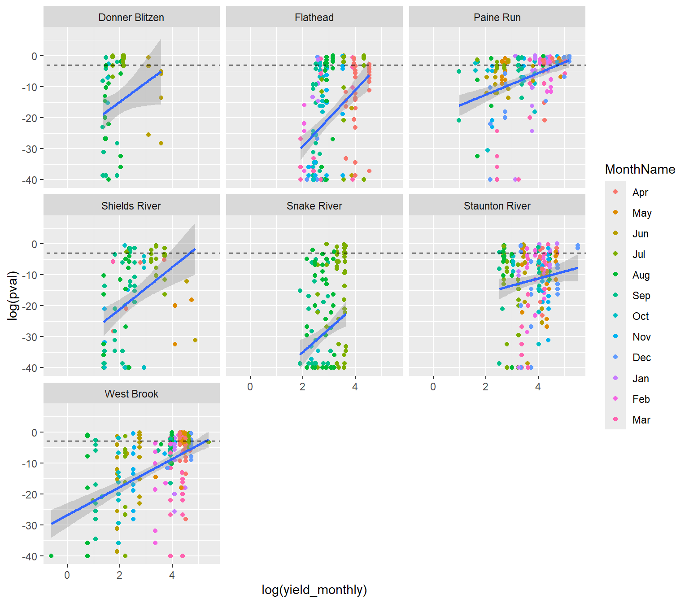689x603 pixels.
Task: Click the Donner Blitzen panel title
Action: pyautogui.click(x=131, y=17)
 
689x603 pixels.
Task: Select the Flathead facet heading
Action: pyautogui.click(x=314, y=17)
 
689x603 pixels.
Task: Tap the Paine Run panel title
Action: pyautogui.click(x=497, y=17)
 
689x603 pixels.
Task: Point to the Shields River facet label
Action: pyautogui.click(x=131, y=206)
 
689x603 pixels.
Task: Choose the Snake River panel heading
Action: pyautogui.click(x=314, y=206)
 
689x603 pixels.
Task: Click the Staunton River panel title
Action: pyautogui.click(x=497, y=206)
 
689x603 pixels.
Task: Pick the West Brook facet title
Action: pyautogui.click(x=131, y=394)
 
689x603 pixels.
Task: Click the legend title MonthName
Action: pyautogui.click(x=640, y=169)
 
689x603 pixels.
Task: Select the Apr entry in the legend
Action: pyautogui.click(x=640, y=192)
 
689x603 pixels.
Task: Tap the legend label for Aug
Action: pyautogui.click(x=641, y=275)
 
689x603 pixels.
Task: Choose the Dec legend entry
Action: pyautogui.click(x=641, y=358)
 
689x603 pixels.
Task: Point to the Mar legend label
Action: pyautogui.click(x=641, y=420)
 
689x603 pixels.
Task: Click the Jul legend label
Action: pyautogui.click(x=639, y=254)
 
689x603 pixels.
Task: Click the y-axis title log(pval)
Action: pyautogui.click(x=13, y=296)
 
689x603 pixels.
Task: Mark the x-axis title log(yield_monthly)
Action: pyautogui.click(x=314, y=590)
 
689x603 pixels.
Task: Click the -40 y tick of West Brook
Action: pyautogui.click(x=30, y=556)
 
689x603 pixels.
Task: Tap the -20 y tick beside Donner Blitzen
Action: pyautogui.click(x=30, y=118)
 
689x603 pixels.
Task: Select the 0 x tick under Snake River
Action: pyautogui.click(x=250, y=387)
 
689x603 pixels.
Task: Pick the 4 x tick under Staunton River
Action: pyautogui.click(x=538, y=387)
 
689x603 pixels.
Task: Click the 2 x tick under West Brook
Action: pyautogui.click(x=119, y=575)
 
